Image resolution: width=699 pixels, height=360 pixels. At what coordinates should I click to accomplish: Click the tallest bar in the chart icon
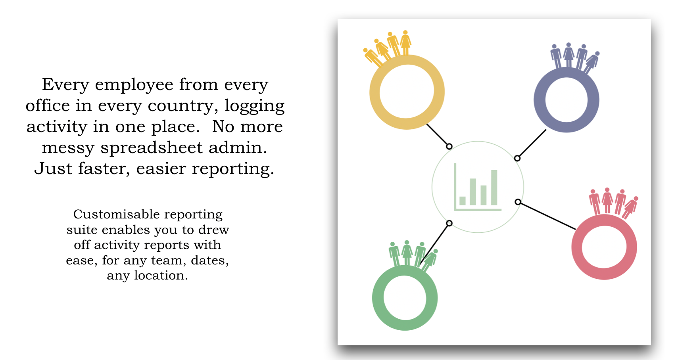tap(494, 187)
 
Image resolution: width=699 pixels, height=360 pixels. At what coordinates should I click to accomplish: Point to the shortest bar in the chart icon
tap(463, 201)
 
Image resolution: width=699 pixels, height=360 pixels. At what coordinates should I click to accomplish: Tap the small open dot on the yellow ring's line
tap(449, 146)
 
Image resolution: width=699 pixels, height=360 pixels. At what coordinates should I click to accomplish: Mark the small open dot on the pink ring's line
tap(518, 202)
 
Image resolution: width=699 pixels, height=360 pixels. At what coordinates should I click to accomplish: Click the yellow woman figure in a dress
tap(405, 42)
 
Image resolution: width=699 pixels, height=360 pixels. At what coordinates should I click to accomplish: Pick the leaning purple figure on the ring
tap(591, 62)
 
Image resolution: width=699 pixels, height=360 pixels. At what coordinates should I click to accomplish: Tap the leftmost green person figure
tap(394, 254)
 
